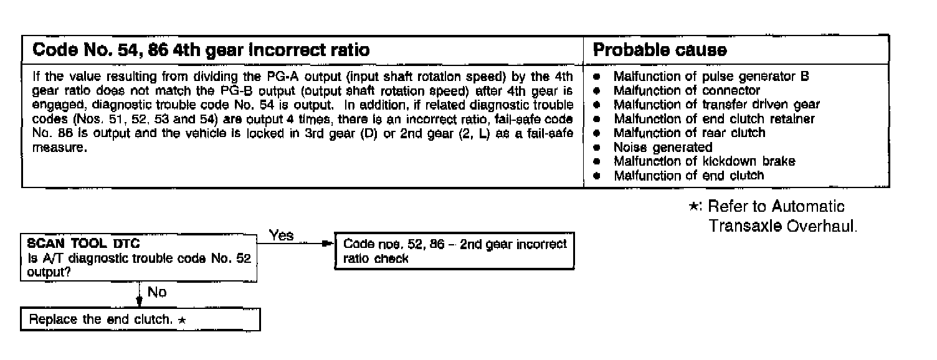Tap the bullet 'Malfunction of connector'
click(687, 90)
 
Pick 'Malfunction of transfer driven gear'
click(716, 105)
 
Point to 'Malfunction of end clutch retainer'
click(714, 118)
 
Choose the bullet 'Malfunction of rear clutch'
click(689, 132)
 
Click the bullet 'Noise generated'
click(662, 147)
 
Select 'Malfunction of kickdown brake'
click(704, 161)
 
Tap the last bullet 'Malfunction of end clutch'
click(688, 175)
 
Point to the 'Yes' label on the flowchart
click(282, 235)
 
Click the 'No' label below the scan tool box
click(156, 292)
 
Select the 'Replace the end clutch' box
click(140, 320)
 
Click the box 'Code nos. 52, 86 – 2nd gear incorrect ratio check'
click(454, 251)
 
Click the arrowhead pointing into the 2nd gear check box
click(330, 244)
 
